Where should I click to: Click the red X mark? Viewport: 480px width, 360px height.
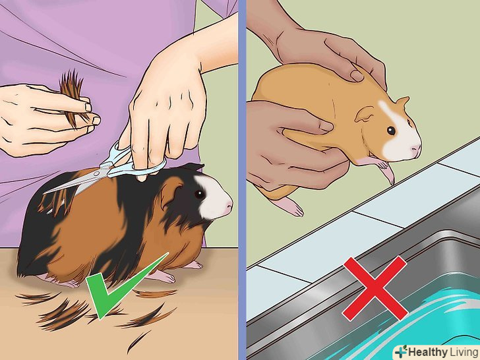point(375,289)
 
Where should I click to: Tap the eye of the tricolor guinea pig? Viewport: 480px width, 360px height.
point(199,194)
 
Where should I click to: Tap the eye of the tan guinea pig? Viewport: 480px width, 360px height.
point(391,131)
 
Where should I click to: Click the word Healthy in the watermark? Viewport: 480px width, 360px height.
point(427,351)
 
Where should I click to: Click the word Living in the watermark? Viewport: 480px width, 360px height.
point(463,351)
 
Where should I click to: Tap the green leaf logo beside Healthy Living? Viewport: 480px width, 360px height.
point(402,351)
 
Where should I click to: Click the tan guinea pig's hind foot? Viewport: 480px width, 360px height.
point(289,206)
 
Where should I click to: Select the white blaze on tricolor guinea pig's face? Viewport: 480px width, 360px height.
point(212,196)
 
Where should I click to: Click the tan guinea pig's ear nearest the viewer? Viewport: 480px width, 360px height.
point(365,114)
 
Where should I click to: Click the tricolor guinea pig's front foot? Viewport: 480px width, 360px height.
point(162,276)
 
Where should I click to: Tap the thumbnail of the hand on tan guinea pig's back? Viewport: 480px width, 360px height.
point(357,76)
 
